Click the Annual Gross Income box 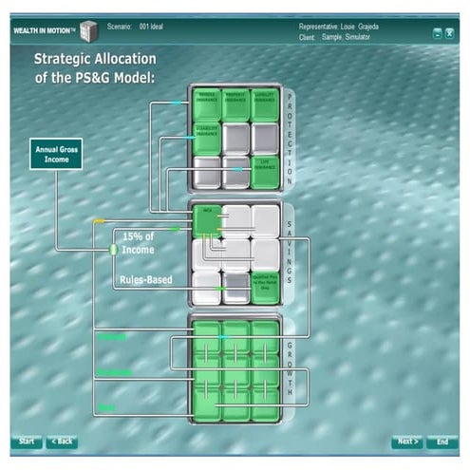point(55,153)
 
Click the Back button point(62,442)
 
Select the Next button point(406,442)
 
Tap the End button point(442,442)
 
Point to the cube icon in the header point(90,28)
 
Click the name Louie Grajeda point(357,26)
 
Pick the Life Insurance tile point(265,169)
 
